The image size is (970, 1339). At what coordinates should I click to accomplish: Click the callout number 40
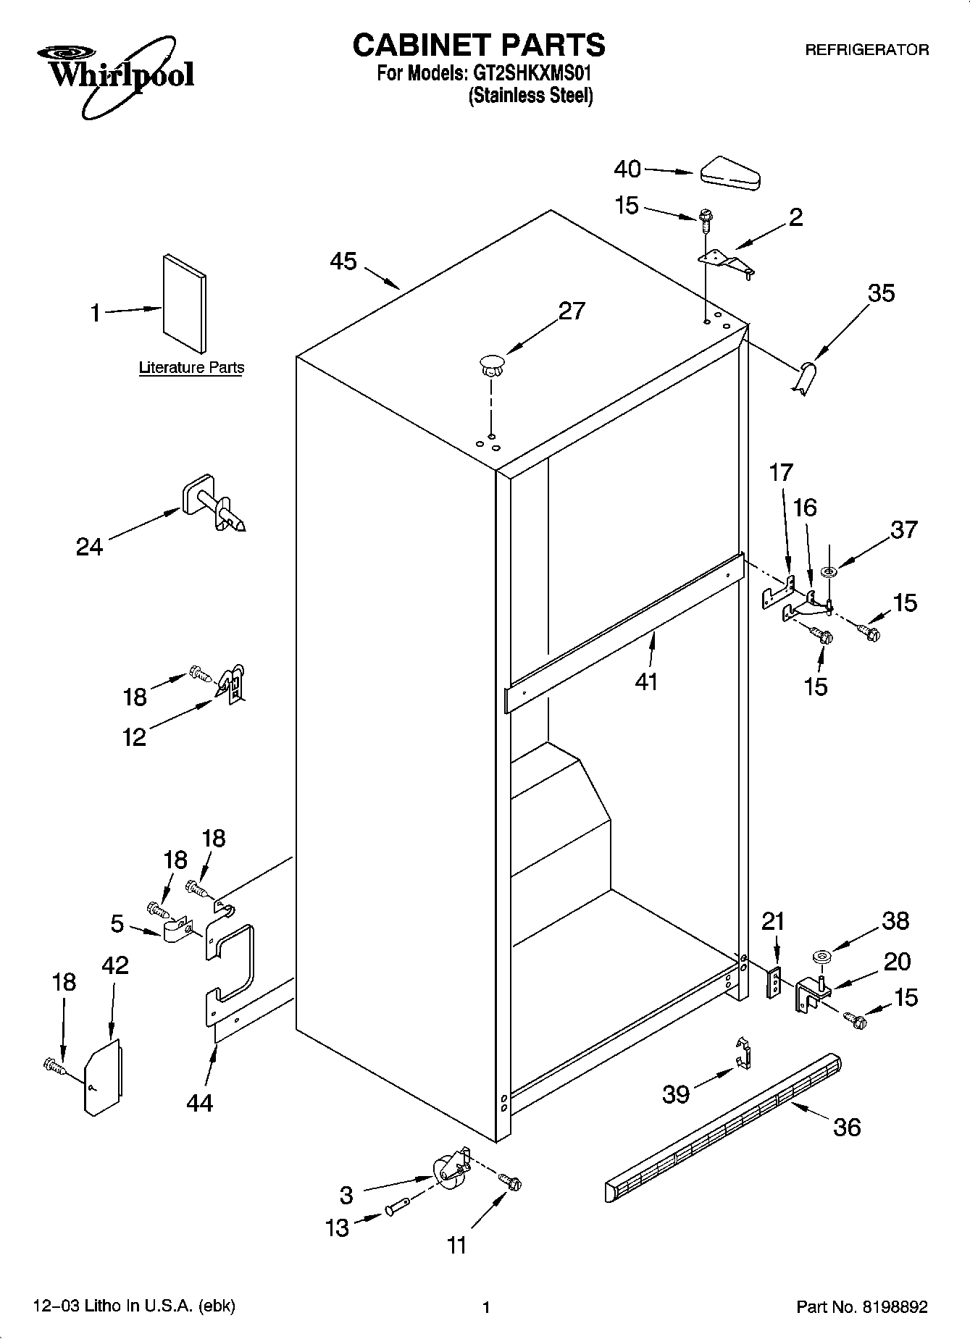click(627, 169)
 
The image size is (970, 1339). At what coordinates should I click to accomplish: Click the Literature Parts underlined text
click(191, 368)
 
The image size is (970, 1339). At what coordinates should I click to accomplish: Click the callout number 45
click(343, 261)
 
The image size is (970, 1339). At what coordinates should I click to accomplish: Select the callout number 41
click(646, 681)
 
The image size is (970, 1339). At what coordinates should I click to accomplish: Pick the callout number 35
click(881, 293)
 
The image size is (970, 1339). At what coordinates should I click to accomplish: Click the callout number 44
click(199, 1102)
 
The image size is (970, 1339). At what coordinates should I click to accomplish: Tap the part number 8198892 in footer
click(893, 1307)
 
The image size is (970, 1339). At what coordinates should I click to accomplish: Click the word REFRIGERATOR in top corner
click(867, 50)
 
